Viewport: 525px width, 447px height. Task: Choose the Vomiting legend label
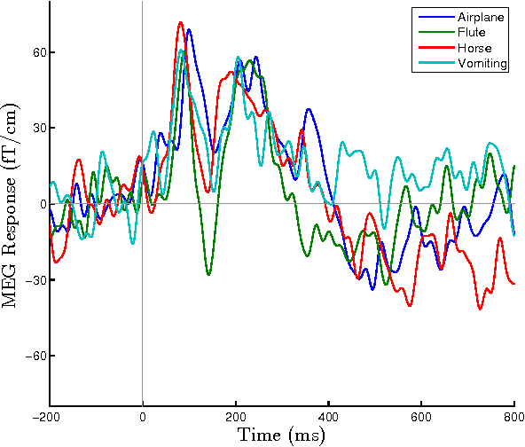point(482,63)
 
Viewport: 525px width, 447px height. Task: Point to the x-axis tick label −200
point(50,416)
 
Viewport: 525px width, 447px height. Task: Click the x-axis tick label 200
point(235,416)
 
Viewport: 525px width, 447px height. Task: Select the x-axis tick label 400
point(328,416)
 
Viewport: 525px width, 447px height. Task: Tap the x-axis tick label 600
point(421,416)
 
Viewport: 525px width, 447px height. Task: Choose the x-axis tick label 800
point(513,416)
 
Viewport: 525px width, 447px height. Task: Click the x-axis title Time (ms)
point(281,435)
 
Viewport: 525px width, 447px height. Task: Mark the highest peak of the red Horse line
point(180,22)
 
